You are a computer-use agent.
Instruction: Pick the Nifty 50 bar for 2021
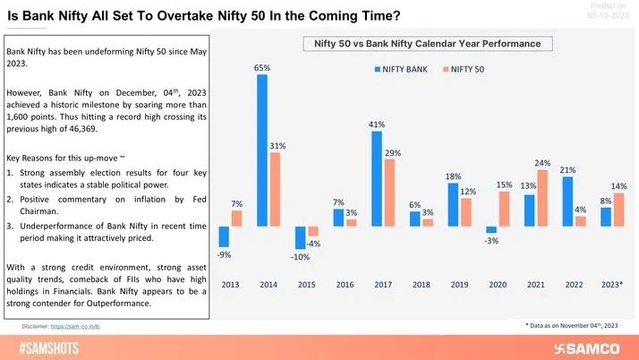(x=542, y=197)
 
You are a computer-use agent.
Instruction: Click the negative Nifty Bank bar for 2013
(x=224, y=236)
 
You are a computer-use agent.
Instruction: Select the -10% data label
(x=301, y=258)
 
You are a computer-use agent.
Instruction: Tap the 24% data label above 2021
(x=542, y=163)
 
